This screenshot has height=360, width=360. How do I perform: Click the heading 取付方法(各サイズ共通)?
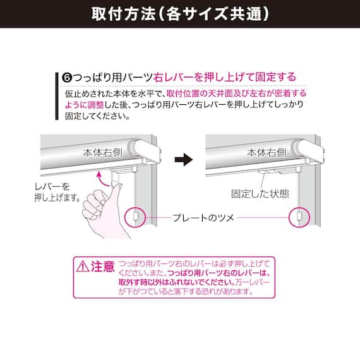180,14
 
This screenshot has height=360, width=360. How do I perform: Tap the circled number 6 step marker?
68,78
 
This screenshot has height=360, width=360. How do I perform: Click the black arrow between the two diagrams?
184,160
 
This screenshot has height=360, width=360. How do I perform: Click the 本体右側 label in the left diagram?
102,153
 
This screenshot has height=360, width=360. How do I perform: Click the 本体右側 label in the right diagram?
267,153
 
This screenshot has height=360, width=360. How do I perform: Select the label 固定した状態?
260,194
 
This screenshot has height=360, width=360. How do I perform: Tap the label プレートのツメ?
203,218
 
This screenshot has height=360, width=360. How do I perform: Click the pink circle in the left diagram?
135,207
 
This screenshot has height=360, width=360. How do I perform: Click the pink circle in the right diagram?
299,207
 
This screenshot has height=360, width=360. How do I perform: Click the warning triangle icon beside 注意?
83,267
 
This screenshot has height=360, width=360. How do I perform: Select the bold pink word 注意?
102,267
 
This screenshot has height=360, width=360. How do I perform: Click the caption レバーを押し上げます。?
57,192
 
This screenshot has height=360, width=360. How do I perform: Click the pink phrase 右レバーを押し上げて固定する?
225,77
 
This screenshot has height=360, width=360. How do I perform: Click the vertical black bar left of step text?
57,96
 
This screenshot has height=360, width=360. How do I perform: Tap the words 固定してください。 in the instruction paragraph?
97,116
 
